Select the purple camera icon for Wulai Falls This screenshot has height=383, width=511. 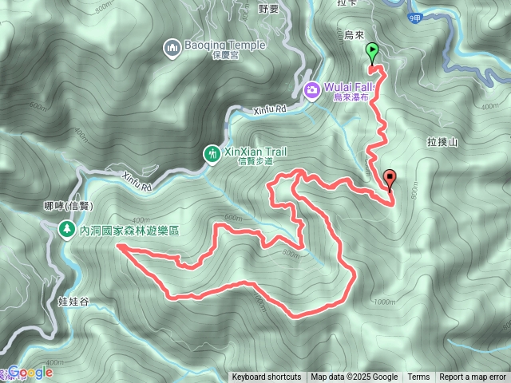[x=311, y=89]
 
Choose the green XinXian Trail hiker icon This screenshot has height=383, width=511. [x=211, y=152]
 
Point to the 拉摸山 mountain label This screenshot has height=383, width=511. [x=442, y=141]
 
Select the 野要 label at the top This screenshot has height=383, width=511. [x=269, y=10]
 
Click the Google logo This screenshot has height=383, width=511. [x=30, y=372]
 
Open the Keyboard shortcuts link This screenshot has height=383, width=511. [x=267, y=377]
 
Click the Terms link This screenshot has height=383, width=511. [x=418, y=377]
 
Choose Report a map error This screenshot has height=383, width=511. [x=473, y=377]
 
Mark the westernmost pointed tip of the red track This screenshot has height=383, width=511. [x=117, y=247]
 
